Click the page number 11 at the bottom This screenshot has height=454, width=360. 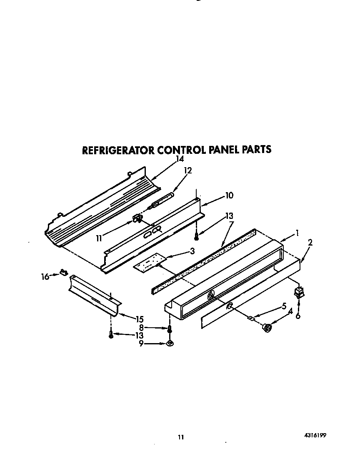pyautogui.click(x=181, y=437)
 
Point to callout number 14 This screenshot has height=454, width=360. pyautogui.click(x=180, y=159)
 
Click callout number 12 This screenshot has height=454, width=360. pyautogui.click(x=187, y=171)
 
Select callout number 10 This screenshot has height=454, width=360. pyautogui.click(x=229, y=195)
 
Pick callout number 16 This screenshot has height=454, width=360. pyautogui.click(x=45, y=276)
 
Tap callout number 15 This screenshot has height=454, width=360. pyautogui.click(x=140, y=319)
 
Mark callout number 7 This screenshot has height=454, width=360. pyautogui.click(x=231, y=224)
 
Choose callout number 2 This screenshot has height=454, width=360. pyautogui.click(x=310, y=242)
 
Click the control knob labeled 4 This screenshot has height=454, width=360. pyautogui.click(x=266, y=329)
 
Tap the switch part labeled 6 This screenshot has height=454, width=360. pyautogui.click(x=298, y=293)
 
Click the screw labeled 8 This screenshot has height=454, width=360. pyautogui.click(x=170, y=329)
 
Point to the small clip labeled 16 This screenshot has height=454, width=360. pyautogui.click(x=63, y=273)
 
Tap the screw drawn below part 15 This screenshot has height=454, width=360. pyautogui.click(x=111, y=335)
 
